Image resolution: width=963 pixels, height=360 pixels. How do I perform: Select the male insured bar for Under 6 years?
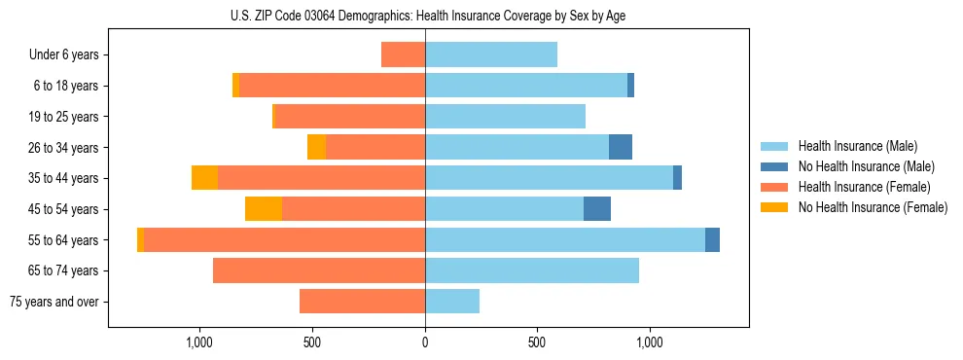pyautogui.click(x=491, y=54)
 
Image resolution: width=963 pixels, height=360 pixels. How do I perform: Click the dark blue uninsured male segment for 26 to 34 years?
pyautogui.click(x=621, y=147)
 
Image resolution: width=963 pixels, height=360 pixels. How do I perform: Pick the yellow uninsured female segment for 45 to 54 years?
pyautogui.click(x=264, y=208)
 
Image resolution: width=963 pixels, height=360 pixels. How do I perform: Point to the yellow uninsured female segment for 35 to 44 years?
pyautogui.click(x=204, y=178)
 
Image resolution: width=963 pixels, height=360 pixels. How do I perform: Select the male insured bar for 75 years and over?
pyautogui.click(x=452, y=302)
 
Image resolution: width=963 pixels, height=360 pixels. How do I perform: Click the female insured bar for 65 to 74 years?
pyautogui.click(x=319, y=270)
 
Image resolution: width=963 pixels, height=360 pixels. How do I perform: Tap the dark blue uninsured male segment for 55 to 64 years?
pyautogui.click(x=712, y=239)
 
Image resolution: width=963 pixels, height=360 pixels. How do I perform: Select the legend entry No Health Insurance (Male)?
pyautogui.click(x=866, y=166)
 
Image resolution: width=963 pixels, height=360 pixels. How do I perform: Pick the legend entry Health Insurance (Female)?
pyautogui.click(x=864, y=187)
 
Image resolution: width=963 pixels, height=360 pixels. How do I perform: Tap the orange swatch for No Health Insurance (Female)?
pyautogui.click(x=774, y=207)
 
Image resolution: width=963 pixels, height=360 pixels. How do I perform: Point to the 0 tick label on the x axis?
pyautogui.click(x=425, y=342)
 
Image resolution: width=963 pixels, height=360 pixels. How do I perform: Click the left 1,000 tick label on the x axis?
pyautogui.click(x=199, y=342)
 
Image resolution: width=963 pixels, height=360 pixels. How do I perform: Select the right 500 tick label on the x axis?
pyautogui.click(x=537, y=342)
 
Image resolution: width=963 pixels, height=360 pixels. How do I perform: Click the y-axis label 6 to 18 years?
pyautogui.click(x=66, y=86)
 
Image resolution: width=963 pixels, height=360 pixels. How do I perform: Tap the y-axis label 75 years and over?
pyautogui.click(x=53, y=302)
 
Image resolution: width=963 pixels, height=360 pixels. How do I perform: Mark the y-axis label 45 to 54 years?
pyautogui.click(x=63, y=209)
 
